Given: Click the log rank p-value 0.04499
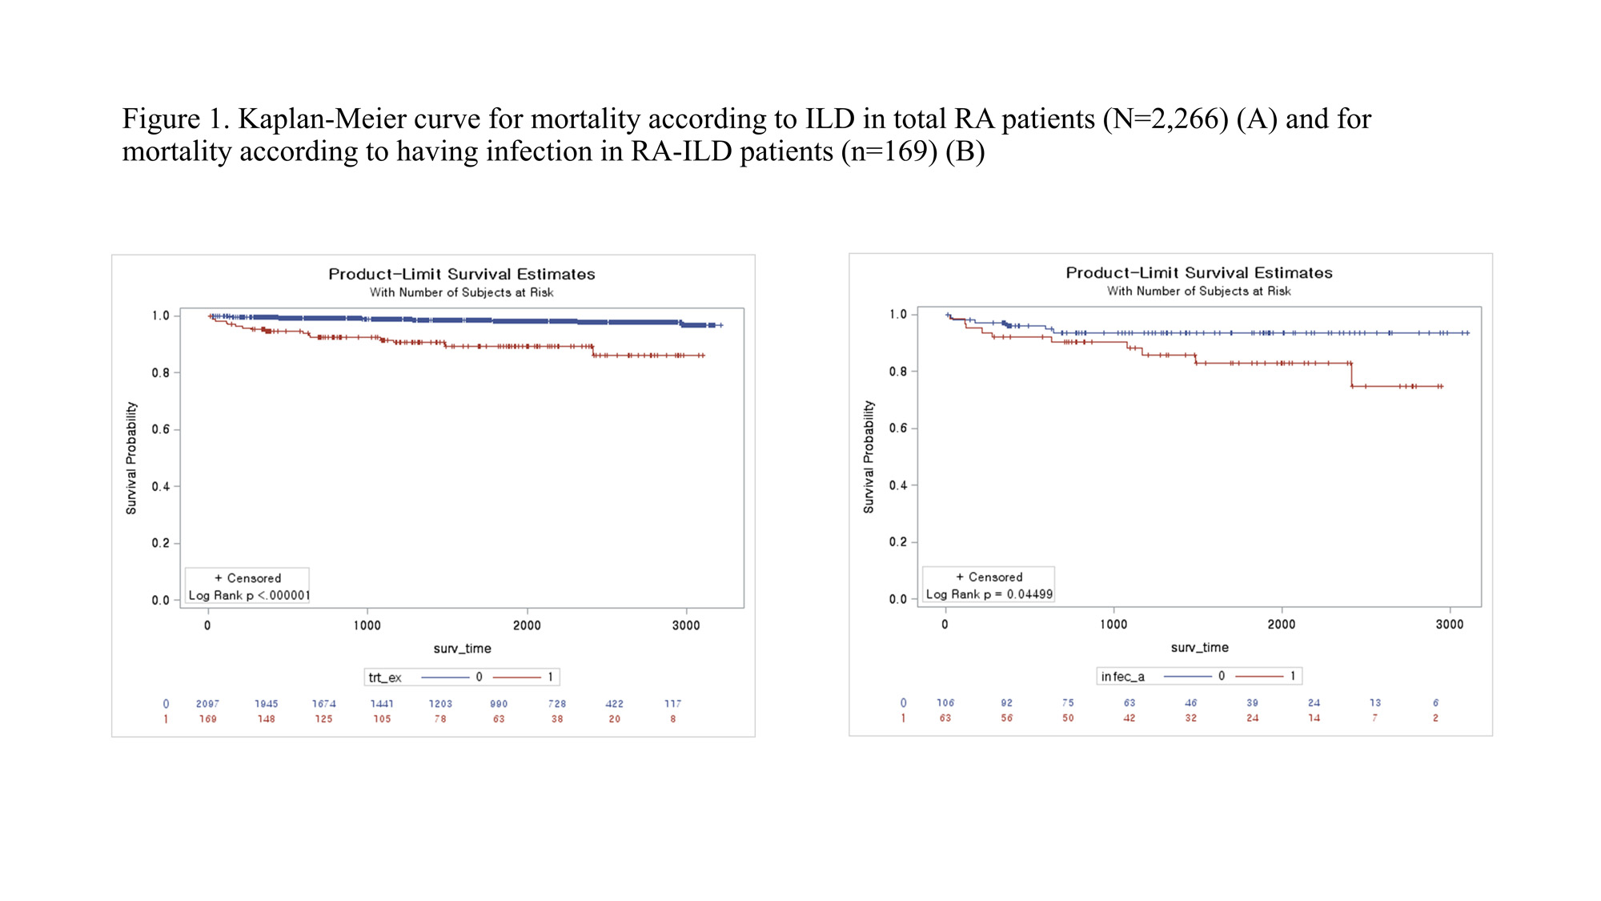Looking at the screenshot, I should point(1029,594).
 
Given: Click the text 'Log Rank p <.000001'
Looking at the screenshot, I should point(249,596).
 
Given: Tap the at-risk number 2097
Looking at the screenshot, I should point(207,704).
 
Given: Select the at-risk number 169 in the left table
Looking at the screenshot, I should point(207,719).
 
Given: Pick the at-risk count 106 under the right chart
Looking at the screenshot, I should point(945,703).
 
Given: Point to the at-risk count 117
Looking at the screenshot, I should point(672,704).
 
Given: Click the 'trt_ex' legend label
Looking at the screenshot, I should point(385,678).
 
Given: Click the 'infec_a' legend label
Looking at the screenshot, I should point(1122,677).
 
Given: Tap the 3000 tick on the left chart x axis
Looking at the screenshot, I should point(686,625).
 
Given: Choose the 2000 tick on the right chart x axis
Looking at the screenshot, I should point(1282,625).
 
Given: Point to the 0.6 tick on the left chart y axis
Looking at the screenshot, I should point(161,429).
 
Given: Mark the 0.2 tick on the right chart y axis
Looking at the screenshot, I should point(898,542).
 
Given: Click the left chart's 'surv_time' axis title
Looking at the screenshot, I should point(462,649).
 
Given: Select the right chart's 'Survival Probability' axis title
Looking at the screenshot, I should point(869,457).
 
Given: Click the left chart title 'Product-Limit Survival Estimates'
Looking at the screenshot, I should point(462,274).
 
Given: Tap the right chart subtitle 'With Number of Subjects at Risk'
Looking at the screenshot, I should point(1198,292).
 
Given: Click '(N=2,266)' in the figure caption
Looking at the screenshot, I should point(1166,119).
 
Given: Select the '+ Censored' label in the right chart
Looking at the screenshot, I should point(989,577).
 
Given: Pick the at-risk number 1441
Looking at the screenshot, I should point(382,704).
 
